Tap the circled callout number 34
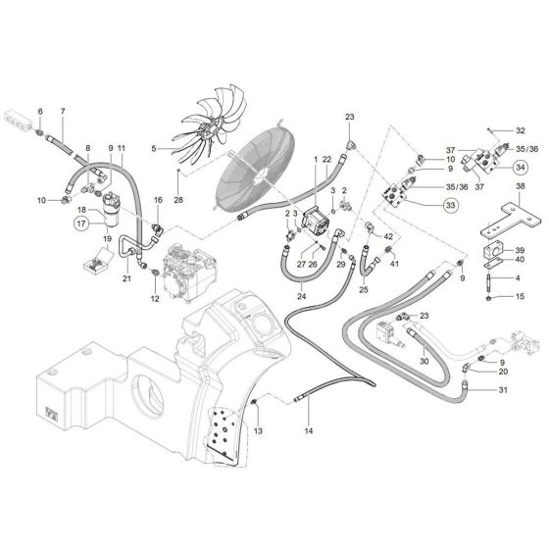coord(519,166)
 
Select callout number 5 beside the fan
coord(153,149)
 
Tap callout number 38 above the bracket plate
coord(520,185)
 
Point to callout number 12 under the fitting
coord(153,298)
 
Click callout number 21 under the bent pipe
coord(125,278)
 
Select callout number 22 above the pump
coord(326,160)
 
